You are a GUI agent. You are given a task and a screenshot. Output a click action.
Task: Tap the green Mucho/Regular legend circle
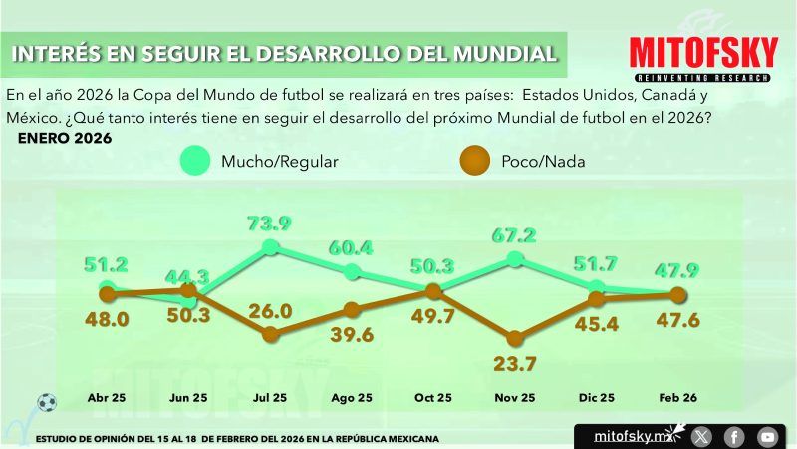coord(195,160)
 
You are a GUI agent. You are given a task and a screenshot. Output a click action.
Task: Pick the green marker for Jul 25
coord(271,247)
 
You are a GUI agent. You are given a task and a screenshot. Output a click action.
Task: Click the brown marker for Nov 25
coord(515,339)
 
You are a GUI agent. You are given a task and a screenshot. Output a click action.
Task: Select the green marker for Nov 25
coord(515,259)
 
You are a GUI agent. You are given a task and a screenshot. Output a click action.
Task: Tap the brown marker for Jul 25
coord(271,335)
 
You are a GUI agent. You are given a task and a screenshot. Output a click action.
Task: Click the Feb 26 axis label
coord(677,398)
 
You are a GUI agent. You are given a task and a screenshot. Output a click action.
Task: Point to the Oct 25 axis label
coord(433,398)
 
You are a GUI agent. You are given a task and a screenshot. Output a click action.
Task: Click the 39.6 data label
coord(352,335)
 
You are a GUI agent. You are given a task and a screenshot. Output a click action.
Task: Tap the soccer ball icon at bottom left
coord(47,402)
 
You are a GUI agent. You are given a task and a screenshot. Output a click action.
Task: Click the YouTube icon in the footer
coord(766,436)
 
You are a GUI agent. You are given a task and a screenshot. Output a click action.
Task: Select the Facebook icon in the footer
coord(734,436)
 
